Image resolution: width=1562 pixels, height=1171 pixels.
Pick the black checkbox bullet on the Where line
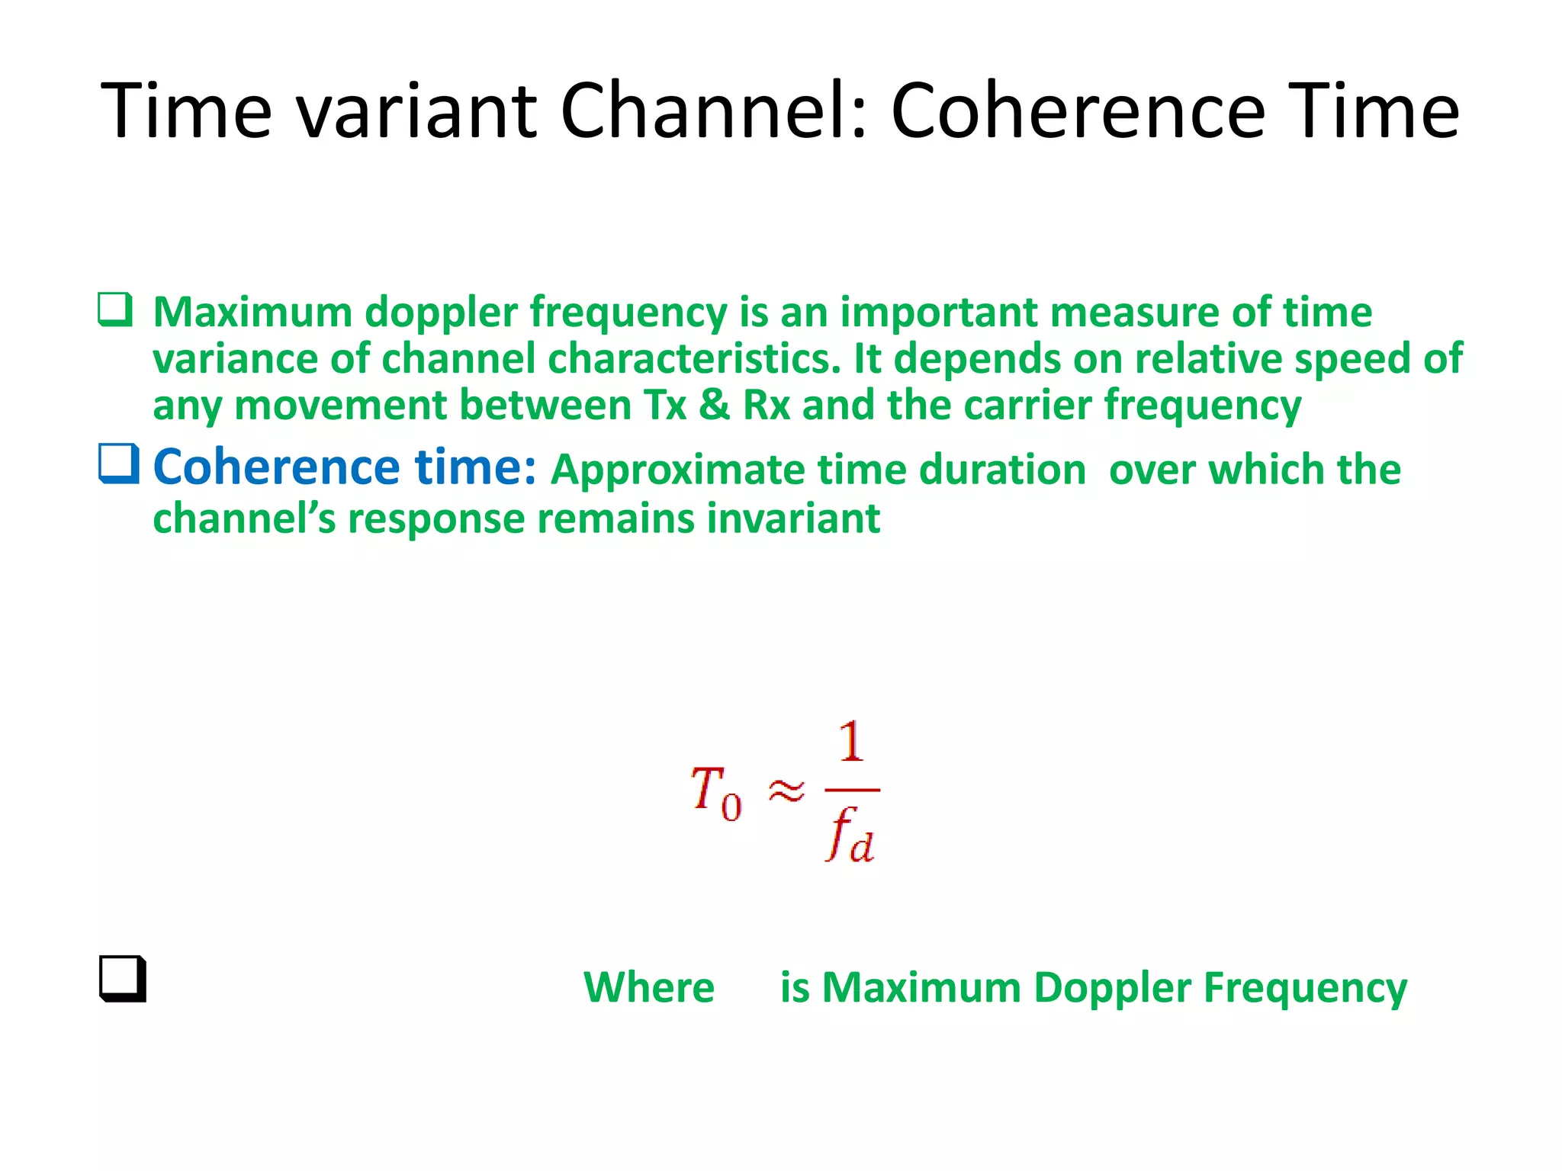tap(122, 979)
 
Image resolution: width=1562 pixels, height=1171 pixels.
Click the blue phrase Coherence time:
tap(345, 467)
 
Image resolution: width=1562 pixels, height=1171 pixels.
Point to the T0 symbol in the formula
tap(715, 793)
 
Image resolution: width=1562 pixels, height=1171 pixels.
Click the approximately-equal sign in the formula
tap(786, 791)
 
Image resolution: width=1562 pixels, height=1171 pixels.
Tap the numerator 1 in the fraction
tap(851, 742)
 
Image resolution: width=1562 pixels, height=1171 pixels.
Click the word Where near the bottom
tap(649, 987)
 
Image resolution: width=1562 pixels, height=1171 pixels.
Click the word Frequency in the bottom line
tap(1305, 989)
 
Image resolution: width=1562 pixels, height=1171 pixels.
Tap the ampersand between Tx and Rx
tap(714, 405)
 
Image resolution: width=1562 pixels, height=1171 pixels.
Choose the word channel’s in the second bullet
tap(244, 518)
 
